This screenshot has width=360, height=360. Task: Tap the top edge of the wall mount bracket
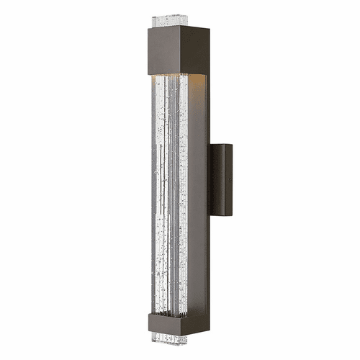point(222,145)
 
